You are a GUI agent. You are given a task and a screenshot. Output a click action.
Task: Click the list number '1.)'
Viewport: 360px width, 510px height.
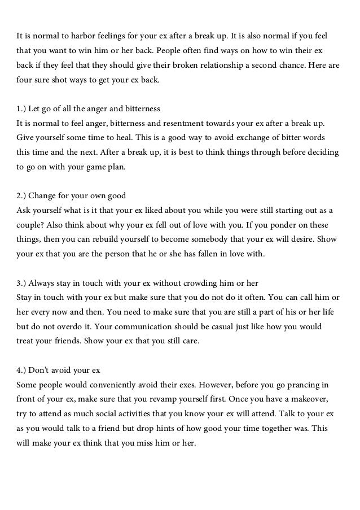click(x=23, y=108)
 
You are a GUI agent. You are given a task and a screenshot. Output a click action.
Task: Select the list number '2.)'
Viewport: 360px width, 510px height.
click(x=23, y=195)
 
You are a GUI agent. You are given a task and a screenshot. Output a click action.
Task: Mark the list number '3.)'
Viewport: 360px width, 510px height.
click(x=23, y=283)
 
